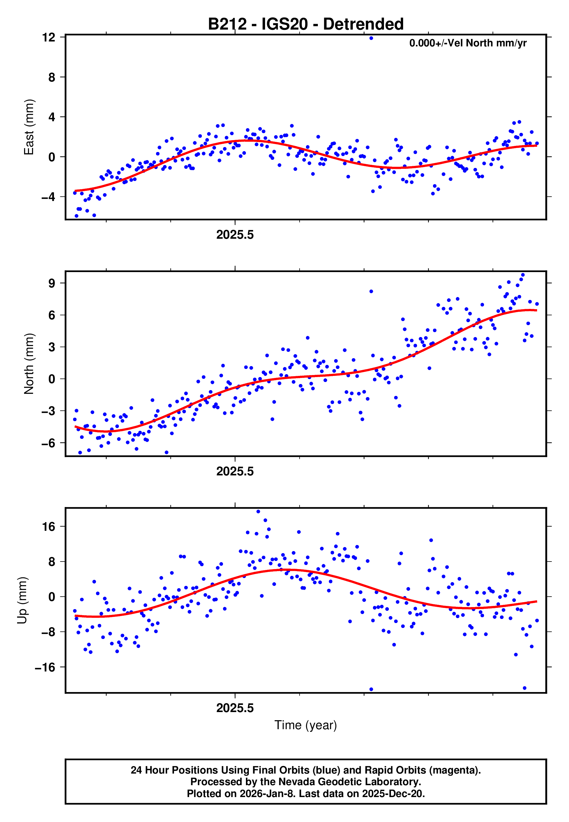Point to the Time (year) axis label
[x=306, y=725]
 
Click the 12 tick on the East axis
[x=48, y=37]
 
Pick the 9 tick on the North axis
[x=52, y=283]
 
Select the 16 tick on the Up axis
[x=48, y=526]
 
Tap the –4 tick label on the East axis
[x=48, y=197]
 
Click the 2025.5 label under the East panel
[x=235, y=235]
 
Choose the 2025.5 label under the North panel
[x=235, y=471]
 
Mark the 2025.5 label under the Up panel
[x=235, y=708]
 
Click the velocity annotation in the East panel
[x=468, y=43]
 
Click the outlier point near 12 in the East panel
[x=371, y=38]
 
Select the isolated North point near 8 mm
[x=371, y=291]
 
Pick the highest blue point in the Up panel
[x=258, y=512]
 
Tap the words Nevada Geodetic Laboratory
[x=349, y=782]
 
